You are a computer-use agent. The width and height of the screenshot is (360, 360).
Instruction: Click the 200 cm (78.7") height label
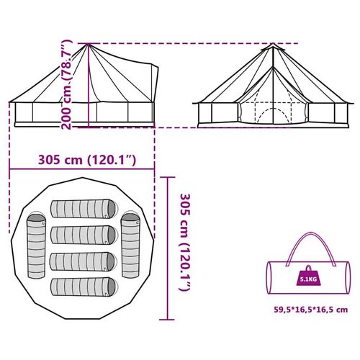pyautogui.click(x=66, y=84)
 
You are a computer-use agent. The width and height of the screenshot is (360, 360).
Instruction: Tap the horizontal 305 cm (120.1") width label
pyautogui.click(x=87, y=160)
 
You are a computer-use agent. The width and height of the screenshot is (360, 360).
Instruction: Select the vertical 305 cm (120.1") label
pyautogui.click(x=185, y=243)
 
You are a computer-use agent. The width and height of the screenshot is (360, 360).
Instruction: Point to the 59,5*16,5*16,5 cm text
pyautogui.click(x=311, y=310)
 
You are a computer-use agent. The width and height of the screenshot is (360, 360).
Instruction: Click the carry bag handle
pyautogui.click(x=311, y=249)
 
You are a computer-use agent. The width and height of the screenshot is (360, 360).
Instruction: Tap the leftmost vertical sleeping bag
pyautogui.click(x=36, y=246)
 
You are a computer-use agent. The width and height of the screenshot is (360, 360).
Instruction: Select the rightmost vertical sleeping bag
pyautogui.click(x=130, y=246)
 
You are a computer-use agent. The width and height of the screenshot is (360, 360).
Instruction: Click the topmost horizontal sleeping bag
pyautogui.click(x=84, y=209)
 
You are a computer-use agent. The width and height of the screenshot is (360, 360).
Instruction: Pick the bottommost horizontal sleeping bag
pyautogui.click(x=84, y=287)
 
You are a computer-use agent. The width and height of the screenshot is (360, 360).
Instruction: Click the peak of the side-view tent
pyautogui.click(x=89, y=44)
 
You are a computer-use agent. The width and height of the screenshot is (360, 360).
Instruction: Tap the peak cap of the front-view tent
pyautogui.click(x=273, y=47)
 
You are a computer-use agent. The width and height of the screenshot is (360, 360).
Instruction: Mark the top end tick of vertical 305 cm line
pyautogui.click(x=167, y=177)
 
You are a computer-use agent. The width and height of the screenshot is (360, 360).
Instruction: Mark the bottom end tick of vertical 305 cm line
pyautogui.click(x=167, y=320)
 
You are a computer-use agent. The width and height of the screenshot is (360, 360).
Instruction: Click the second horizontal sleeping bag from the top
pyautogui.click(x=84, y=235)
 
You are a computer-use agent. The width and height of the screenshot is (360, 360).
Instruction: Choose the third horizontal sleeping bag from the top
pyautogui.click(x=84, y=261)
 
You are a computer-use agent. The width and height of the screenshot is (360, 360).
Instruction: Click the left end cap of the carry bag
pyautogui.click(x=270, y=278)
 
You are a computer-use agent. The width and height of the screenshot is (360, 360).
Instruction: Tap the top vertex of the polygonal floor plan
pyautogui.click(x=83, y=178)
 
